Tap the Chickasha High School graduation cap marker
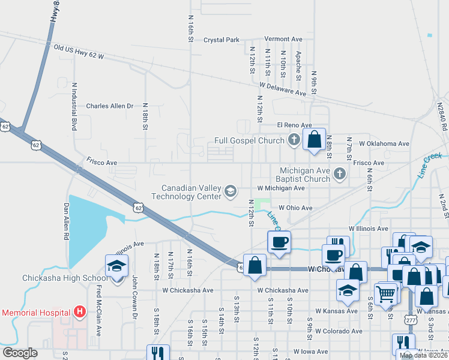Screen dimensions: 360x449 pos(116,266)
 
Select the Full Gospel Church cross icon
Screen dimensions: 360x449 pos(293,141)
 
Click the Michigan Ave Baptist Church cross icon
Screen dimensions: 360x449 pos(340,175)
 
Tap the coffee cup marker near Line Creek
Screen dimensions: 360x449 pos(279,242)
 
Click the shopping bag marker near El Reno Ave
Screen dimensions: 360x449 pos(314,139)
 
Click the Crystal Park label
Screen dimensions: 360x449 pos(221,40)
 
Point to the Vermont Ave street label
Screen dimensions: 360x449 pos(283,39)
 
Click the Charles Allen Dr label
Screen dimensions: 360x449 pos(109,106)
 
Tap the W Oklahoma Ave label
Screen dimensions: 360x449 pos(384,144)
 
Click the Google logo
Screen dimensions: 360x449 pos(20,353)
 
